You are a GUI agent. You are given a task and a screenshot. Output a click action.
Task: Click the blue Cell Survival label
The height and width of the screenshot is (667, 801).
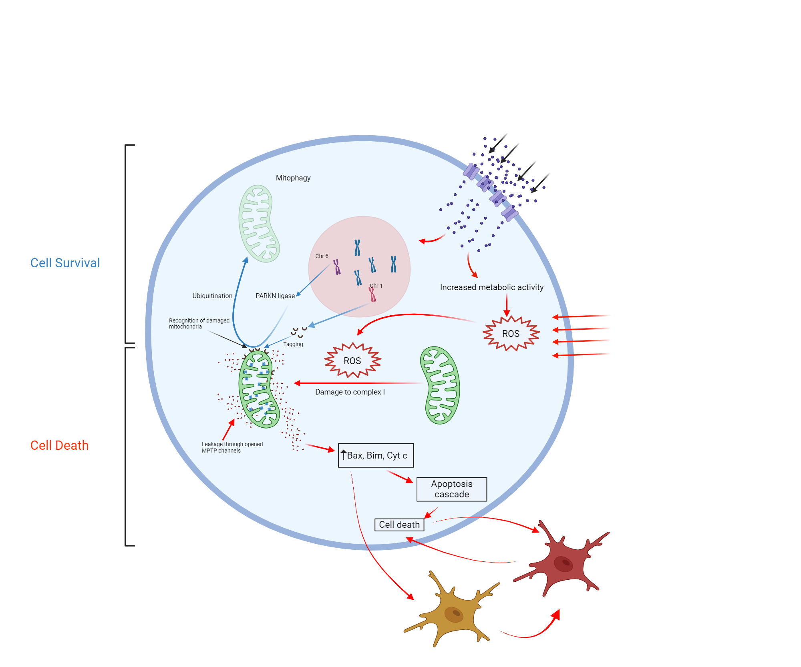[65, 263]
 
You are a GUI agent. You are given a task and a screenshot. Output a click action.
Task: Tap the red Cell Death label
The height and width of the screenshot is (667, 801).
[59, 445]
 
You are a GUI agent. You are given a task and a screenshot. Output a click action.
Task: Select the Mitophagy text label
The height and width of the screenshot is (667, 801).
[293, 178]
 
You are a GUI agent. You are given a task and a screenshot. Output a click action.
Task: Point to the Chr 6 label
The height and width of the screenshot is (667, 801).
[322, 256]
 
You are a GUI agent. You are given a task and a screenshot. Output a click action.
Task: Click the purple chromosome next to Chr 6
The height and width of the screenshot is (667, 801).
[337, 267]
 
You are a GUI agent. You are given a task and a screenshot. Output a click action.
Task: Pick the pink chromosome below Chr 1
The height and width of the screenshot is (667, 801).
[372, 295]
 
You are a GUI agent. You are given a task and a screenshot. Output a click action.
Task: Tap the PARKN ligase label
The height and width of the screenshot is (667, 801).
[275, 296]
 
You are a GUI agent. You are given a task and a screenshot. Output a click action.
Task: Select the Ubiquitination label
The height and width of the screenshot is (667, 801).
[212, 296]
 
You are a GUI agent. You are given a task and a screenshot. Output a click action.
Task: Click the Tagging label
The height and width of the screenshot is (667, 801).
[293, 344]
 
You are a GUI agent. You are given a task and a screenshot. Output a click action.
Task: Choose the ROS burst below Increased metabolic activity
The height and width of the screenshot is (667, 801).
[511, 334]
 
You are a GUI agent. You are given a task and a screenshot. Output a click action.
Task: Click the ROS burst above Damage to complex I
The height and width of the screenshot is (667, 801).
[352, 361]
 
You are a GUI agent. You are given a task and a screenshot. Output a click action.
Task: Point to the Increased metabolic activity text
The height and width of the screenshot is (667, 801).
[492, 287]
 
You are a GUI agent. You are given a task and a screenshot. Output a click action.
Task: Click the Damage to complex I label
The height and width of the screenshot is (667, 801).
[350, 392]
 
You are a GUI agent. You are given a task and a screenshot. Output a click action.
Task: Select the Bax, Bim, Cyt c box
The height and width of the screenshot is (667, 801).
[376, 455]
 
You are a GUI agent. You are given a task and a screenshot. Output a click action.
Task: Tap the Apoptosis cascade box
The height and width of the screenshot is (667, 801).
[452, 489]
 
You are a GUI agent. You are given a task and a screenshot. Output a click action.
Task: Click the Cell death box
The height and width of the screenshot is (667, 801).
[399, 525]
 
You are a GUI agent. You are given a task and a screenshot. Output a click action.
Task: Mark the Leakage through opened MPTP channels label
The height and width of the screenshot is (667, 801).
[232, 447]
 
